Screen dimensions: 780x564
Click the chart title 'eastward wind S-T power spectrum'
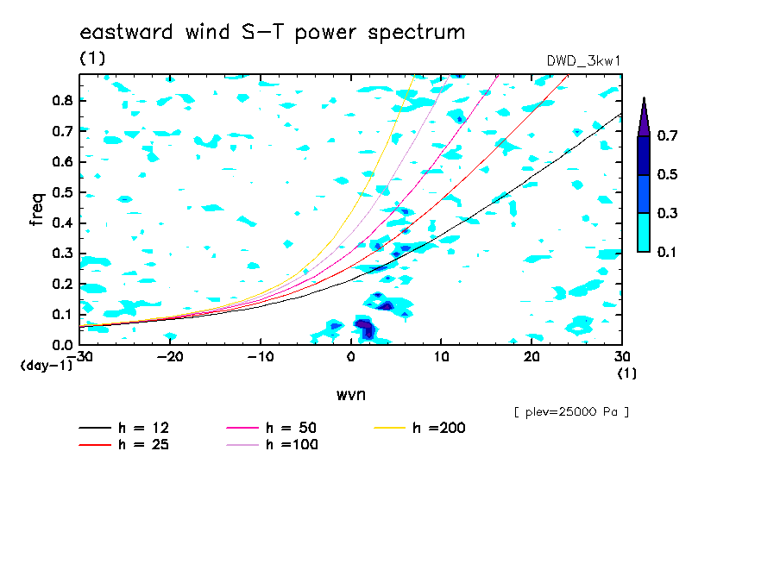point(273,33)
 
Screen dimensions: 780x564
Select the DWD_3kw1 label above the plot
point(583,61)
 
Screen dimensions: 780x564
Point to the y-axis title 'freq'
point(37,210)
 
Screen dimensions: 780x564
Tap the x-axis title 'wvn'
point(351,395)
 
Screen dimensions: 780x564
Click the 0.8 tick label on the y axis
point(62,100)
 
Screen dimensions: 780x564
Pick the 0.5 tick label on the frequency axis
point(62,192)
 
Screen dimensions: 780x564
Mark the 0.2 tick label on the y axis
point(62,284)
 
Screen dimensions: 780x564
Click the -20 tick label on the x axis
point(170,357)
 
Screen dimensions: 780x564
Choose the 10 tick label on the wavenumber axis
point(441,357)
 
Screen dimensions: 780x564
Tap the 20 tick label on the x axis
point(532,357)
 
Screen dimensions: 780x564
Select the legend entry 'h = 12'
point(124,428)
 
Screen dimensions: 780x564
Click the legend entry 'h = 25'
point(124,444)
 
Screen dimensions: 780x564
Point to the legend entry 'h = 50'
point(272,428)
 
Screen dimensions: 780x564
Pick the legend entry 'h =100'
point(272,444)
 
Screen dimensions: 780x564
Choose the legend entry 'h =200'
point(420,428)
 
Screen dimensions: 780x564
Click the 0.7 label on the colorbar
point(667,135)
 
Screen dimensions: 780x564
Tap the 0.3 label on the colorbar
point(667,213)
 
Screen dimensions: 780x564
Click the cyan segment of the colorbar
point(644,233)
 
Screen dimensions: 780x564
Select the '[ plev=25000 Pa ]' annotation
point(571,412)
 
